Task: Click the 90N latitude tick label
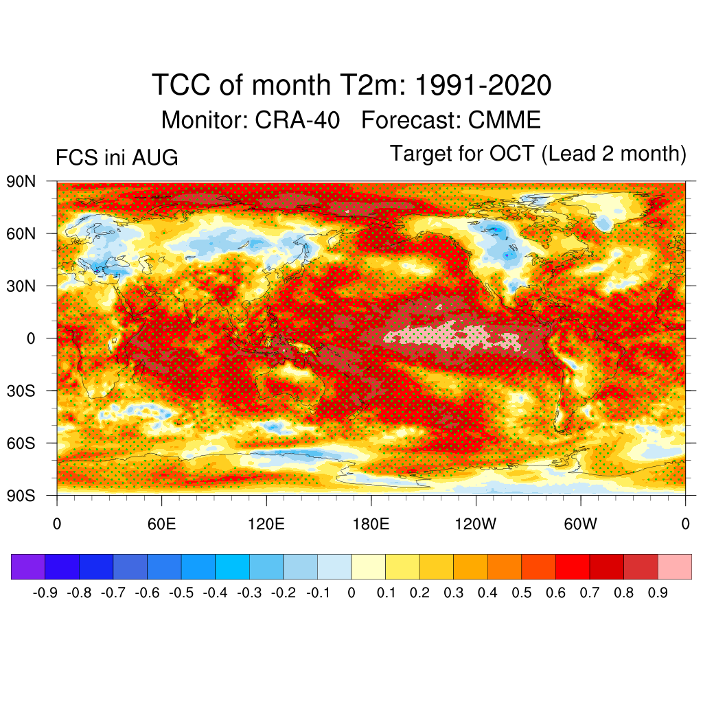pyautogui.click(x=21, y=181)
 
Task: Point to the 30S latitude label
pyautogui.click(x=21, y=391)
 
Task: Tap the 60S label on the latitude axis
pyautogui.click(x=21, y=443)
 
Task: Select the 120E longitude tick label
pyautogui.click(x=266, y=524)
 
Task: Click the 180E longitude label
pyautogui.click(x=371, y=524)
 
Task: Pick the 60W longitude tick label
pyautogui.click(x=581, y=524)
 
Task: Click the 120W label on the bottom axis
pyautogui.click(x=476, y=524)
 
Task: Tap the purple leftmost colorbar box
pyautogui.click(x=28, y=566)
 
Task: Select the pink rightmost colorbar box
pyautogui.click(x=675, y=566)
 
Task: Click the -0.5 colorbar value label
pyautogui.click(x=181, y=592)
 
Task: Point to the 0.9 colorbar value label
pyautogui.click(x=658, y=592)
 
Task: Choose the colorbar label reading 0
pyautogui.click(x=351, y=592)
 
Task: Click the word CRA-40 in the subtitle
pyautogui.click(x=297, y=120)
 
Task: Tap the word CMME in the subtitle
pyautogui.click(x=505, y=120)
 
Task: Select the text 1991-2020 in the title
pyautogui.click(x=483, y=84)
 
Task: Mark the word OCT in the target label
pyautogui.click(x=511, y=153)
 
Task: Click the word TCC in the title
pyautogui.click(x=181, y=84)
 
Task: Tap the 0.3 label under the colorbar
pyautogui.click(x=454, y=592)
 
